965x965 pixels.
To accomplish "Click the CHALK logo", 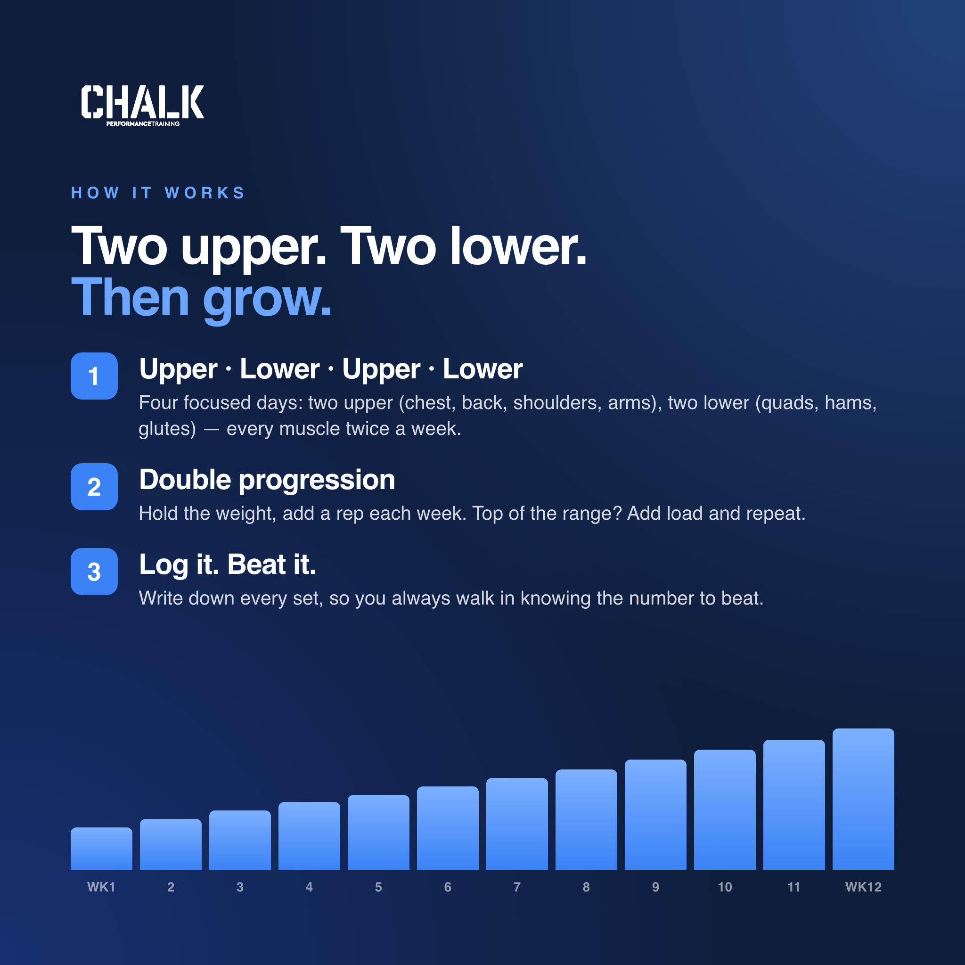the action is click(x=142, y=105).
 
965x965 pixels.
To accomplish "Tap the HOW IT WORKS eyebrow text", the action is click(x=158, y=193).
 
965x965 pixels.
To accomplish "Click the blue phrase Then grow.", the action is click(x=201, y=298).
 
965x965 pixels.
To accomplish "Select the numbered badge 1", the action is click(x=94, y=376).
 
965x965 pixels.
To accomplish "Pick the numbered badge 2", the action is click(x=94, y=486).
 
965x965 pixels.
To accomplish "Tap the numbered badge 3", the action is click(x=94, y=572).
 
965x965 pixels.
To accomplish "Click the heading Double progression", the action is click(x=267, y=481).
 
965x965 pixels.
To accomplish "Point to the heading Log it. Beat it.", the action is click(x=228, y=565).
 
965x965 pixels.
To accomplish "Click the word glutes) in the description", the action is click(x=167, y=429).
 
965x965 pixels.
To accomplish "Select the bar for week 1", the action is click(x=101, y=849).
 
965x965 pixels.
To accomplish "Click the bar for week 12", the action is click(x=863, y=799).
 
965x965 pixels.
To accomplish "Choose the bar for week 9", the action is click(x=655, y=815).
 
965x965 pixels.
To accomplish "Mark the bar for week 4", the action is click(x=309, y=835).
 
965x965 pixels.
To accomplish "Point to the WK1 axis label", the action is click(x=101, y=887).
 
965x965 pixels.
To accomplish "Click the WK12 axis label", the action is click(x=863, y=887).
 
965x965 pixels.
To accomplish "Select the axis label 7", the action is click(x=517, y=887).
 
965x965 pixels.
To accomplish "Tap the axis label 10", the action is click(x=725, y=887).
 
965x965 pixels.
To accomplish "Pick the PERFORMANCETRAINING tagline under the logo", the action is click(x=143, y=124).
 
